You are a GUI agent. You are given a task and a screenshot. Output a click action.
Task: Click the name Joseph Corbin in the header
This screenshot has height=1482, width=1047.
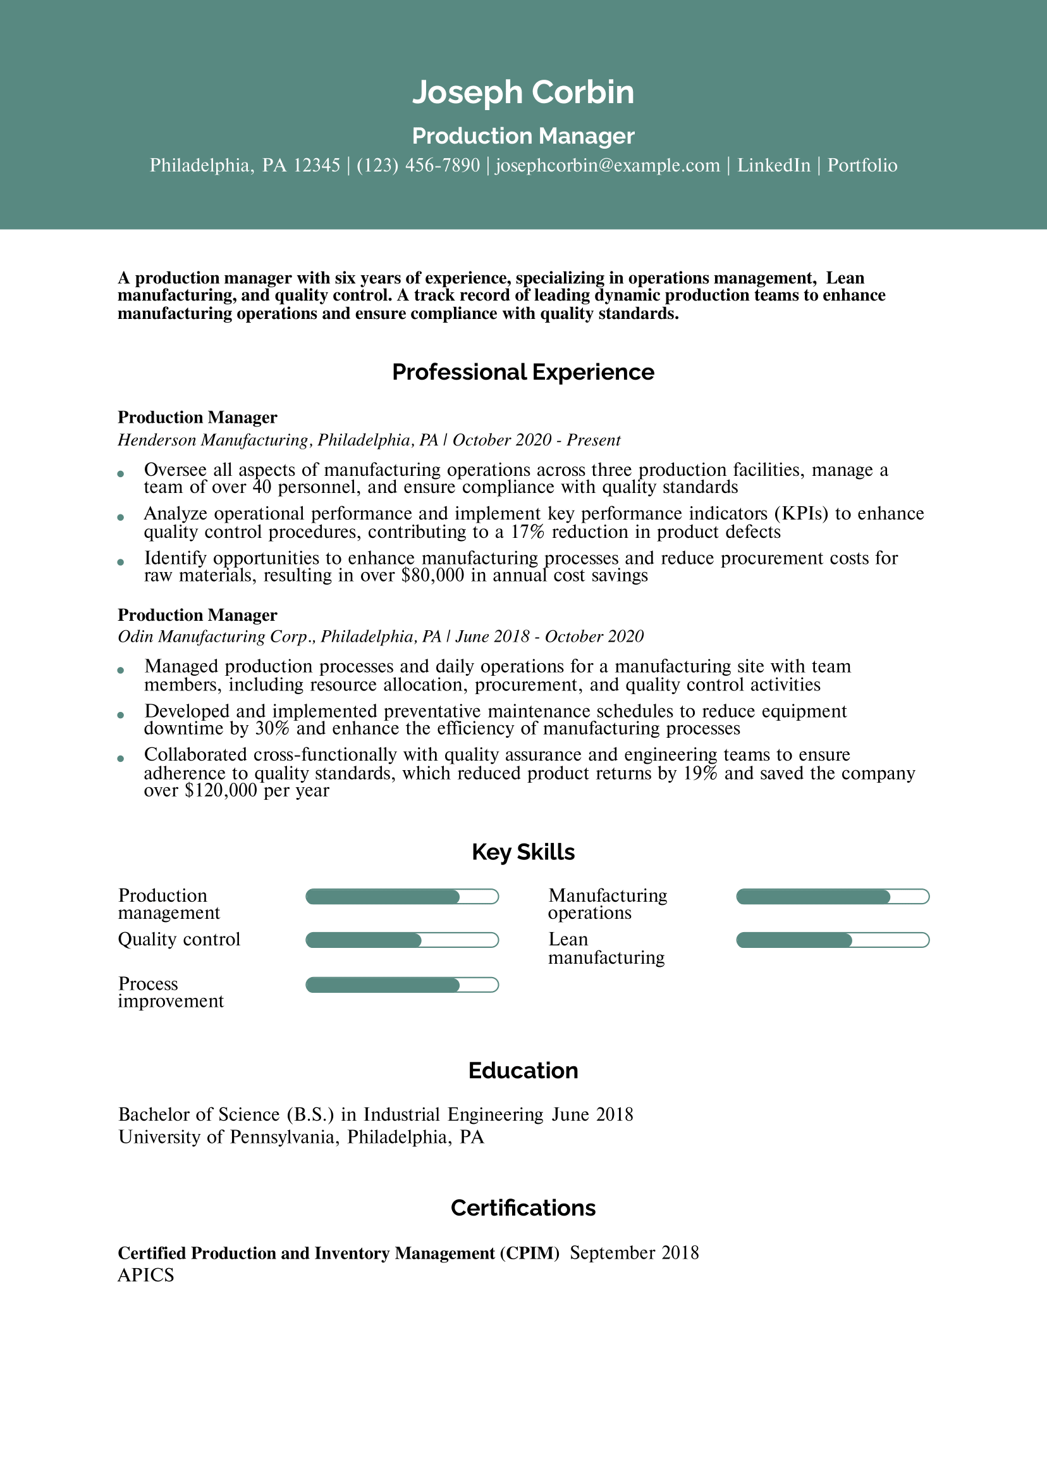pyautogui.click(x=522, y=92)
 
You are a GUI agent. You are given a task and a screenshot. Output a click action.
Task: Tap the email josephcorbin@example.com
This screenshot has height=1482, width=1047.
pyautogui.click(x=607, y=166)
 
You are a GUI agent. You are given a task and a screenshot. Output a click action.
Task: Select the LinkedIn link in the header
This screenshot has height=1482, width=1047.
pyautogui.click(x=773, y=166)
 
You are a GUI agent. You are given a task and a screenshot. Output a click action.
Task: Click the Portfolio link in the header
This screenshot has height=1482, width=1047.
pyautogui.click(x=862, y=166)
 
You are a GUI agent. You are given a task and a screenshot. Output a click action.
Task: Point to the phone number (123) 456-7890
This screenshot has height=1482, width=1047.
pyautogui.click(x=418, y=166)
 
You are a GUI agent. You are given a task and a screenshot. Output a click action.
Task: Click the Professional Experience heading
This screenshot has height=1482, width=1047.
pyautogui.click(x=522, y=373)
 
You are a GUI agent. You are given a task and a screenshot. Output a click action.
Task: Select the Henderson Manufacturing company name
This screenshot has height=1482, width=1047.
pyautogui.click(x=214, y=440)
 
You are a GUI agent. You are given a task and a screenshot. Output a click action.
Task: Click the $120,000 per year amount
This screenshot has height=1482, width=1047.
pyautogui.click(x=221, y=791)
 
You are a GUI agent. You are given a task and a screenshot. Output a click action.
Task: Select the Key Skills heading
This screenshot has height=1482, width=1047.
pyautogui.click(x=522, y=852)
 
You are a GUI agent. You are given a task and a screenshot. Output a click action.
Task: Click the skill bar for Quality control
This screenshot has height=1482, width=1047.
pyautogui.click(x=401, y=940)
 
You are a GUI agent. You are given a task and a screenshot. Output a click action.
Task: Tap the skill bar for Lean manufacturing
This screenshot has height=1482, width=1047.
pyautogui.click(x=832, y=940)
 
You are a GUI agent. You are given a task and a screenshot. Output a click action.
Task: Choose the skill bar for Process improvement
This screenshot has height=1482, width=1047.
pyautogui.click(x=401, y=985)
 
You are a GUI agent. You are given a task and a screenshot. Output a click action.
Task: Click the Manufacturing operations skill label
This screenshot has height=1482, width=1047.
pyautogui.click(x=607, y=904)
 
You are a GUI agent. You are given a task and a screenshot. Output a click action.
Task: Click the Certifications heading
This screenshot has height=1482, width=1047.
pyautogui.click(x=522, y=1207)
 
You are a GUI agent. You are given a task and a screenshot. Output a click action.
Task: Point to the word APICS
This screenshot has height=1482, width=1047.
pyautogui.click(x=146, y=1276)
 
